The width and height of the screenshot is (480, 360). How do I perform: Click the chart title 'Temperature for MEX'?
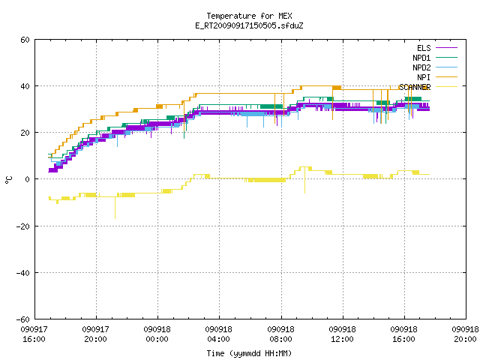pyautogui.click(x=249, y=16)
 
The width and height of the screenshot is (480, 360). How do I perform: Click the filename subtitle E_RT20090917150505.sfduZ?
pyautogui.click(x=249, y=25)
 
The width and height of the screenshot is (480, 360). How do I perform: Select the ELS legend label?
pyautogui.click(x=424, y=48)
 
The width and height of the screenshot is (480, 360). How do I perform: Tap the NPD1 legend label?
pyautogui.click(x=421, y=58)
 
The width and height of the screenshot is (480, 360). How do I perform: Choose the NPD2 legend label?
pyautogui.click(x=421, y=67)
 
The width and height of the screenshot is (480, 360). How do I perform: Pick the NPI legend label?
pyautogui.click(x=424, y=77)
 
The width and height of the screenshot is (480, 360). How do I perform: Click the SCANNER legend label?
pyautogui.click(x=415, y=87)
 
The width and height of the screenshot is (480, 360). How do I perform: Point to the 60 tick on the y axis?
pyautogui.click(x=25, y=40)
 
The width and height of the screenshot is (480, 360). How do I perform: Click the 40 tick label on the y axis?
pyautogui.click(x=25, y=86)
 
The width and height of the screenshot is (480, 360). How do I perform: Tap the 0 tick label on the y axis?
pyautogui.click(x=28, y=179)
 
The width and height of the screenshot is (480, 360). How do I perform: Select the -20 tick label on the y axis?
pyautogui.click(x=23, y=226)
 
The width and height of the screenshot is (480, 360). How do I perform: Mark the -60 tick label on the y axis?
pyautogui.click(x=23, y=319)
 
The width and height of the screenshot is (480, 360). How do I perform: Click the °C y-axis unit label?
pyautogui.click(x=9, y=180)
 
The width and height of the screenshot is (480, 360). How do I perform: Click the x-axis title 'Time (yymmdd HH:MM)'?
pyautogui.click(x=249, y=353)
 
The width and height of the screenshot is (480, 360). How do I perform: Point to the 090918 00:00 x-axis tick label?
pyautogui.click(x=157, y=334)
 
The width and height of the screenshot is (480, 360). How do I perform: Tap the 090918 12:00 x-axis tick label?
pyautogui.click(x=342, y=334)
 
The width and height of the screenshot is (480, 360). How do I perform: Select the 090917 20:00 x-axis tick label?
pyautogui.click(x=95, y=334)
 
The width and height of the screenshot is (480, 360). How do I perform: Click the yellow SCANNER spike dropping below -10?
pyautogui.click(x=115, y=208)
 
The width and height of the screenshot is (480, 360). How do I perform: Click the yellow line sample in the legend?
pyautogui.click(x=446, y=87)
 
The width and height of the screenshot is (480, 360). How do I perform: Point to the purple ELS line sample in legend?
pyautogui.click(x=446, y=48)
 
